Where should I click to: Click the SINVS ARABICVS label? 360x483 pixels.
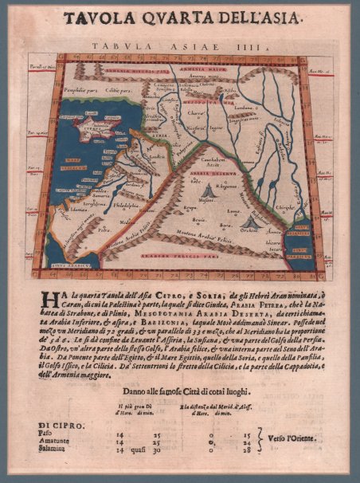click(71, 262)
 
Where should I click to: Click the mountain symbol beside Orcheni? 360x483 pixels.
click(252, 221)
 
